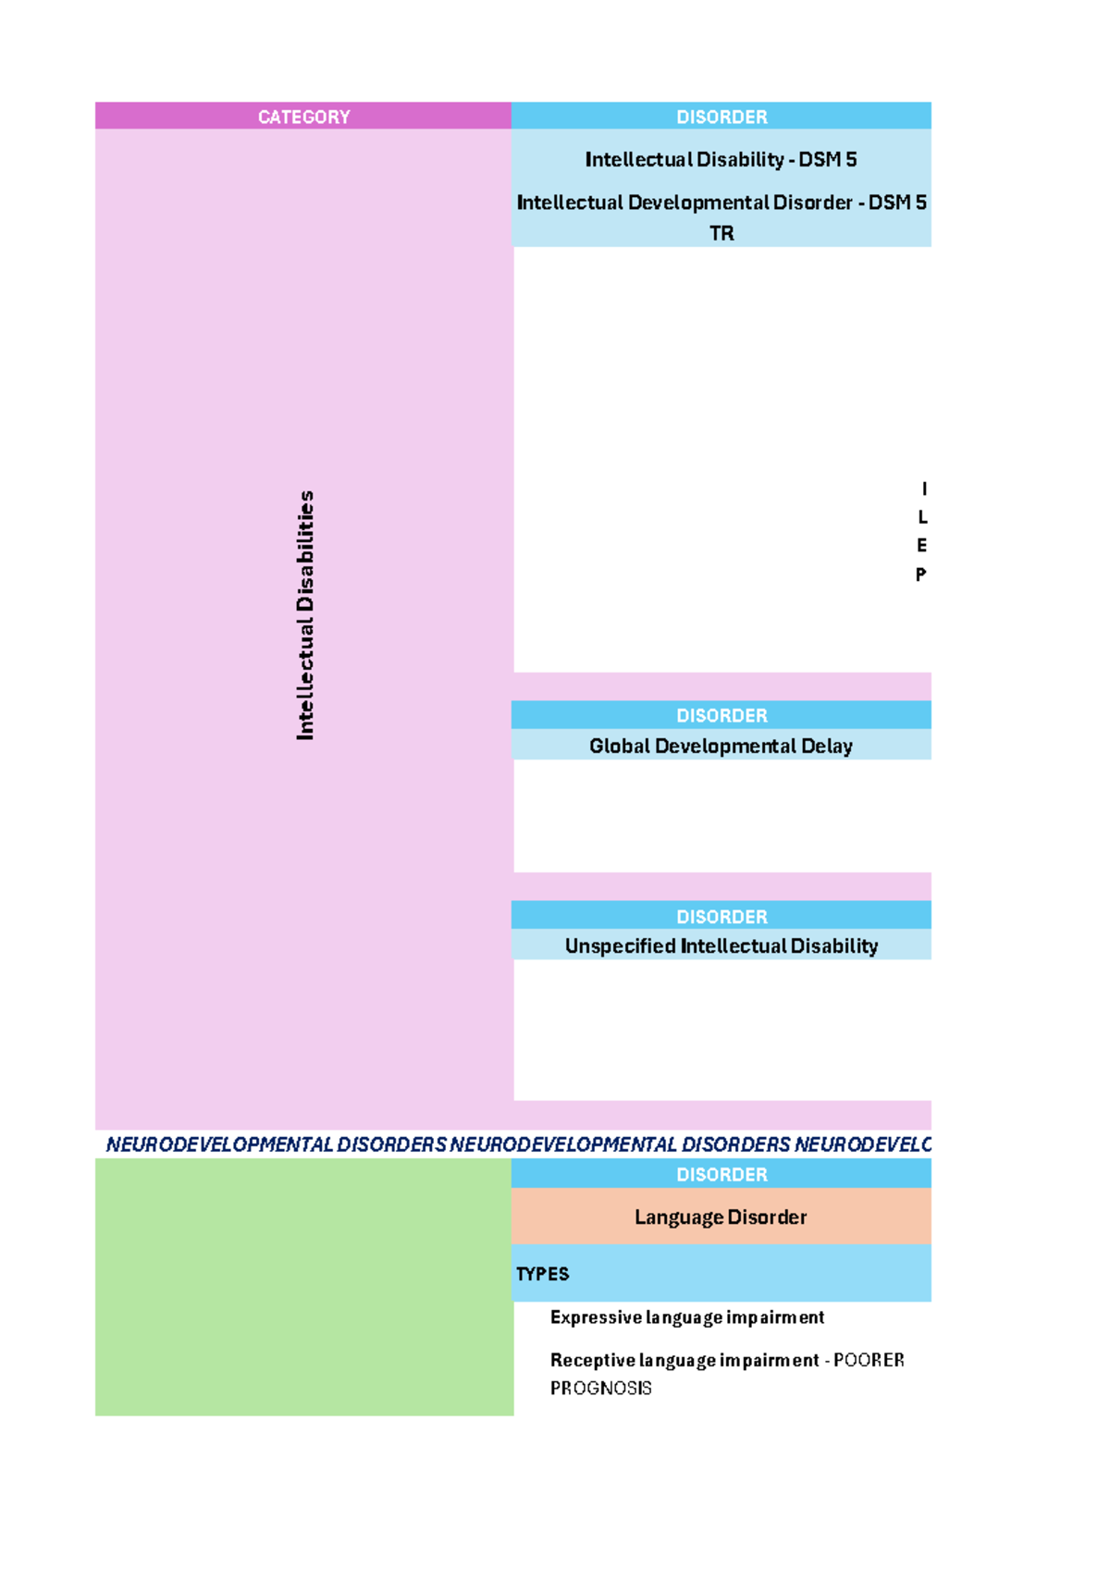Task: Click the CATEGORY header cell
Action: [x=303, y=117]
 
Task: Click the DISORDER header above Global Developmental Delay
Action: [x=721, y=715]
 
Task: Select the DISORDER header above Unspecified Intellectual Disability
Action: [x=721, y=916]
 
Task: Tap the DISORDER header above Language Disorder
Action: [x=721, y=1174]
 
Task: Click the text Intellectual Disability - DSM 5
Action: [x=721, y=160]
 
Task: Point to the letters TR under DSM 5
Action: [x=721, y=233]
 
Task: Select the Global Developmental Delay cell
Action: [x=721, y=746]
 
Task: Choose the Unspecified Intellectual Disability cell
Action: [x=721, y=945]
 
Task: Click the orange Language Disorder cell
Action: [x=721, y=1217]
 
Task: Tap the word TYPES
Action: [x=542, y=1274]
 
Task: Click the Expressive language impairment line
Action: [x=687, y=1317]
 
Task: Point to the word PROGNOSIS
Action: [x=601, y=1389]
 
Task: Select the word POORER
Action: [x=869, y=1360]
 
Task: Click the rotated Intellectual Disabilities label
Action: [x=304, y=615]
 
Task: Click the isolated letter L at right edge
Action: [x=922, y=517]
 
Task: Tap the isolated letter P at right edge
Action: [x=921, y=574]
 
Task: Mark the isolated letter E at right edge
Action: [x=921, y=545]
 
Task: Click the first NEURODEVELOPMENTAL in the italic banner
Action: [x=219, y=1144]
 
